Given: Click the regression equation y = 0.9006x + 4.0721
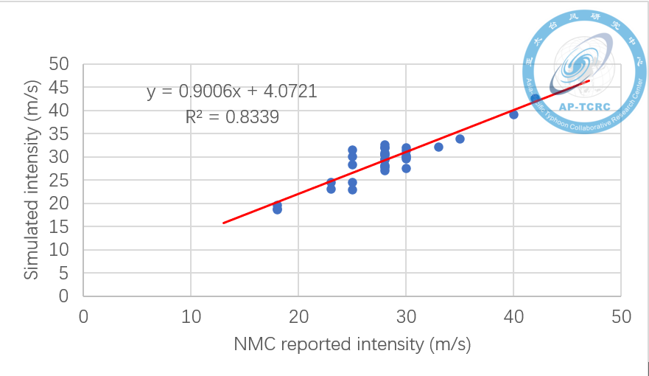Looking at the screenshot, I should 232,92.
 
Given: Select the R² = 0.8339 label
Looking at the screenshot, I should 232,116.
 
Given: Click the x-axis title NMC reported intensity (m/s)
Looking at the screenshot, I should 352,344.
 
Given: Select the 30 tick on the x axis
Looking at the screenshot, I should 406,316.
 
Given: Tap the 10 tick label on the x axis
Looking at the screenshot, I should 191,316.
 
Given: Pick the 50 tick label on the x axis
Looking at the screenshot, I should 621,316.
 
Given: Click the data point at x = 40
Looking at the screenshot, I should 513,114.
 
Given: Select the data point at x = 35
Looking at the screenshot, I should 460,139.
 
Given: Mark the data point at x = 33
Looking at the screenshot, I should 438,147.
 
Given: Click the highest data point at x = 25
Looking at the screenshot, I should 352,150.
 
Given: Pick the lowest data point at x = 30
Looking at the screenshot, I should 406,168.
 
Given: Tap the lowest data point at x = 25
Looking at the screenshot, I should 352,189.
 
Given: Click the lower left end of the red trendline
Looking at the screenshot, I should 223,222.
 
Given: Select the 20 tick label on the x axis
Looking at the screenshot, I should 298,316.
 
